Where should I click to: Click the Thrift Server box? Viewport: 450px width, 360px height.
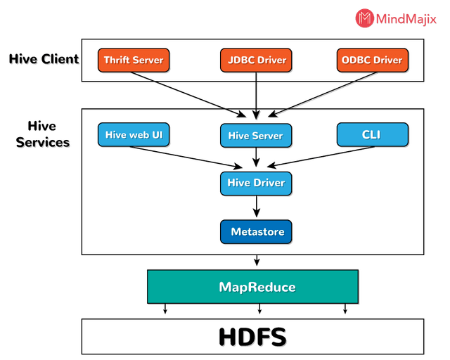[134, 60]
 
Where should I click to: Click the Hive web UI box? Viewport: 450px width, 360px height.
[134, 134]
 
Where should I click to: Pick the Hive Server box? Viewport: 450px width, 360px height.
[255, 136]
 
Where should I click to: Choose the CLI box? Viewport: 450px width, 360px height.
[371, 134]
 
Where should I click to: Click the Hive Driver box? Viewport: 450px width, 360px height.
[256, 183]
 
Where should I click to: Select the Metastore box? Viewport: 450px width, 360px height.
[256, 231]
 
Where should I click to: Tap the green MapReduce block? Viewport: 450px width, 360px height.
[256, 287]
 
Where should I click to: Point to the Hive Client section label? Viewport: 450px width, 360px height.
[44, 59]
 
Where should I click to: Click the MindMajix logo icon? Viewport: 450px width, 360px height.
[364, 18]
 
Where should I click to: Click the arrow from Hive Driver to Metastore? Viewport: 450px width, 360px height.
[257, 207]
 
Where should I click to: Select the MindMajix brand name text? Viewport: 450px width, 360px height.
[407, 19]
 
